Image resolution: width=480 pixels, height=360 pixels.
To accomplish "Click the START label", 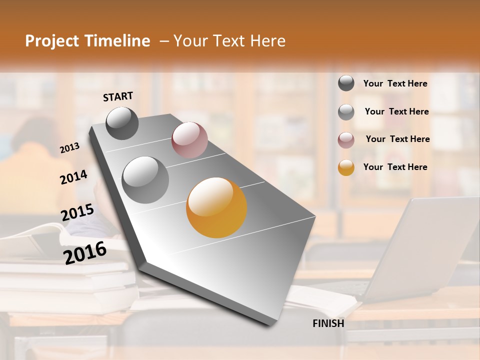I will (118, 96).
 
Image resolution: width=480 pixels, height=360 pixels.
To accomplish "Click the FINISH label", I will (328, 323).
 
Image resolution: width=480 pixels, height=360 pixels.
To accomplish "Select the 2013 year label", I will (69, 148).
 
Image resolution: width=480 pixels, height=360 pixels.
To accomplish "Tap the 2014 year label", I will (73, 177).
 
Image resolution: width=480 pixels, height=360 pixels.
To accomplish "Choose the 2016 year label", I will (85, 252).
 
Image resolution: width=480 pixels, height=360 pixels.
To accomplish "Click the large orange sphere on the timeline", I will (216, 207).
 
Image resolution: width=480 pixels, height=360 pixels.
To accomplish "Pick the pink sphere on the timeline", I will (189, 140).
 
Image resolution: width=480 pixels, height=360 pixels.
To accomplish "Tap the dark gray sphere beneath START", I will (122, 123).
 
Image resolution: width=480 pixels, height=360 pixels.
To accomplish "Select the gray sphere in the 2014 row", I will (145, 179).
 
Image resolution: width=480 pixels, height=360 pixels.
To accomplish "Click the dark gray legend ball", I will (346, 83).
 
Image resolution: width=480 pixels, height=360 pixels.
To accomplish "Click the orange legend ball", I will (346, 167).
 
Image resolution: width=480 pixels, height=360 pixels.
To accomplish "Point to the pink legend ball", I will (346, 140).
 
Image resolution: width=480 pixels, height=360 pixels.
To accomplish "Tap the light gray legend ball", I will (346, 112).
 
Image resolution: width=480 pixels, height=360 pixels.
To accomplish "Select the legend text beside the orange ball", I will (395, 167).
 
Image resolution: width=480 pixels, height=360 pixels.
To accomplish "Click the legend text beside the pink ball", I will (397, 139).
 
